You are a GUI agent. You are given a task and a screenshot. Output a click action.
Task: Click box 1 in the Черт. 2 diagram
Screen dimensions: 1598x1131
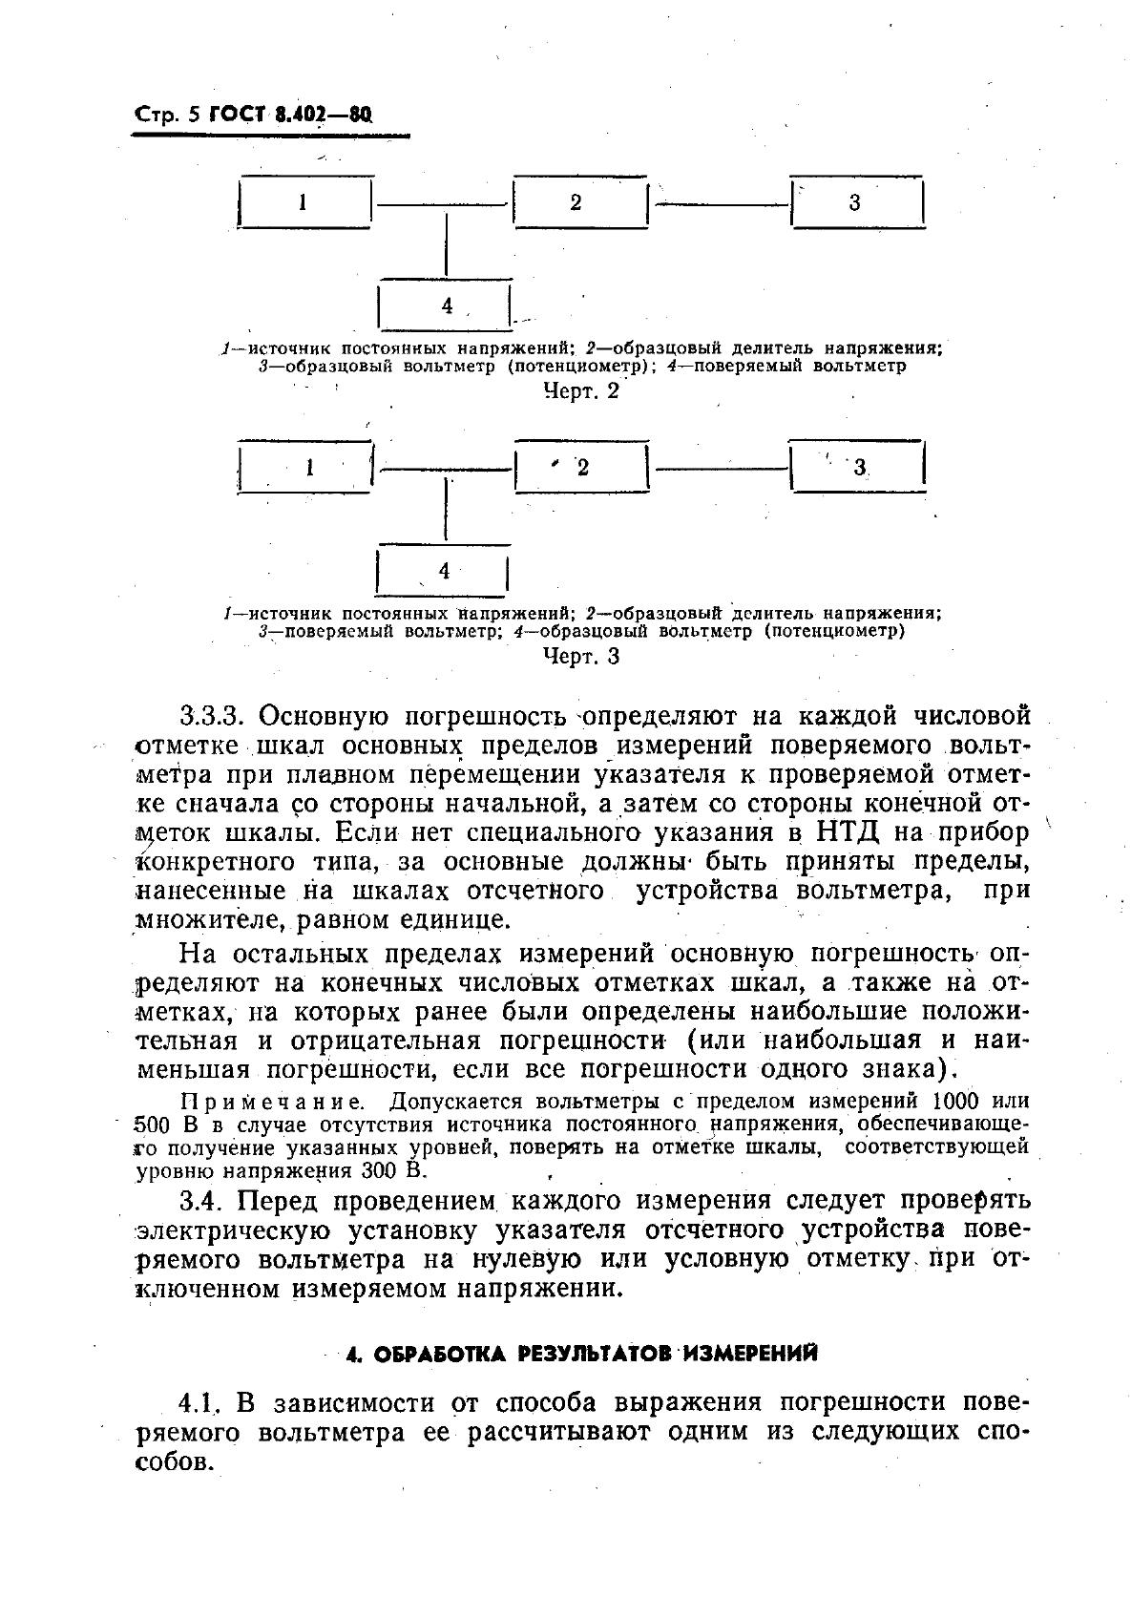[x=304, y=202]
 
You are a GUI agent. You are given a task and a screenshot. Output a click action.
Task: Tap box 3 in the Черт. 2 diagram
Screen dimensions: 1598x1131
[x=857, y=202]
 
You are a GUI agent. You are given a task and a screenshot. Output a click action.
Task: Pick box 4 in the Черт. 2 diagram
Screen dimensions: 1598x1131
[x=446, y=305]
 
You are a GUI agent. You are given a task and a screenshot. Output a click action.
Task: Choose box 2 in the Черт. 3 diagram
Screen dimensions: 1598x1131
[x=580, y=467]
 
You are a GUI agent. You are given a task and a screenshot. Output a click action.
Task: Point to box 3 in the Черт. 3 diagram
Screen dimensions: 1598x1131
[x=859, y=467]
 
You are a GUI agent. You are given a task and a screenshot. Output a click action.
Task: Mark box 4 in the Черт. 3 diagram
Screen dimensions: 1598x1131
[x=443, y=571]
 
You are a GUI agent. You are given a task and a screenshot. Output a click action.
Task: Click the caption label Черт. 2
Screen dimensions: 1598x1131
[x=580, y=390]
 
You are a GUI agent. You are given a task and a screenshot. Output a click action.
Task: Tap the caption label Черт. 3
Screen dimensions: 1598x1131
[x=580, y=656]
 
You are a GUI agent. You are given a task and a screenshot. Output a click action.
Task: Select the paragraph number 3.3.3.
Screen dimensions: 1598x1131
[x=214, y=716]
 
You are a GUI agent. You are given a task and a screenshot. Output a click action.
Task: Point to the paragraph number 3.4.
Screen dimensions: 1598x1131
[x=200, y=1200]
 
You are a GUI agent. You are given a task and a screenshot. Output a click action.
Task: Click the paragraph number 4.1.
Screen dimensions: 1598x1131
[x=199, y=1403]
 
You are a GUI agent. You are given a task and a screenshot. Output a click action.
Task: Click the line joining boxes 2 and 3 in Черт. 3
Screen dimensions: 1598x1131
[x=723, y=467]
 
